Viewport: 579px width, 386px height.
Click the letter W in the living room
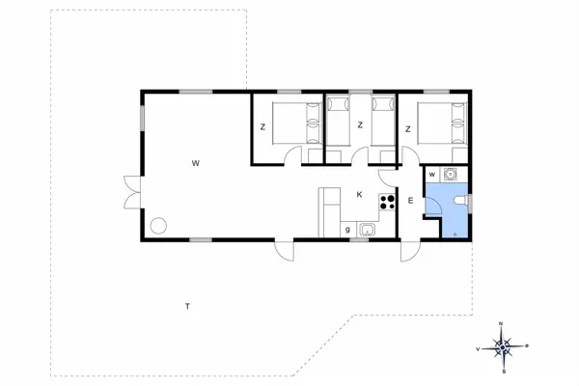pyautogui.click(x=195, y=163)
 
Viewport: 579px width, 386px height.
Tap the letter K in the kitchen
pyautogui.click(x=359, y=195)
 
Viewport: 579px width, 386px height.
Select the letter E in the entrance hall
pyautogui.click(x=410, y=201)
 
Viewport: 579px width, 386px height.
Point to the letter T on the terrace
pyautogui.click(x=187, y=307)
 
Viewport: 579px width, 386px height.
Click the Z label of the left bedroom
pyautogui.click(x=262, y=127)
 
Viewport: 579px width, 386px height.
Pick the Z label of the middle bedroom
pyautogui.click(x=359, y=124)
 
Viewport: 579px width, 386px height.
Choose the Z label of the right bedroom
pyautogui.click(x=408, y=128)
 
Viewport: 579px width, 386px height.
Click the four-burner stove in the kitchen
pyautogui.click(x=388, y=202)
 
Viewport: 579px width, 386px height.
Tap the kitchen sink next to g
pyautogui.click(x=367, y=230)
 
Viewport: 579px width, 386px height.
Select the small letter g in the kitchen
pyautogui.click(x=347, y=230)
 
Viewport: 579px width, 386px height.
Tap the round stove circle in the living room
pyautogui.click(x=158, y=226)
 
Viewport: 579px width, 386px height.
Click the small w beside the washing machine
pyautogui.click(x=432, y=175)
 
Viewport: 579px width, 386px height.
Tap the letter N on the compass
pyautogui.click(x=501, y=323)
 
